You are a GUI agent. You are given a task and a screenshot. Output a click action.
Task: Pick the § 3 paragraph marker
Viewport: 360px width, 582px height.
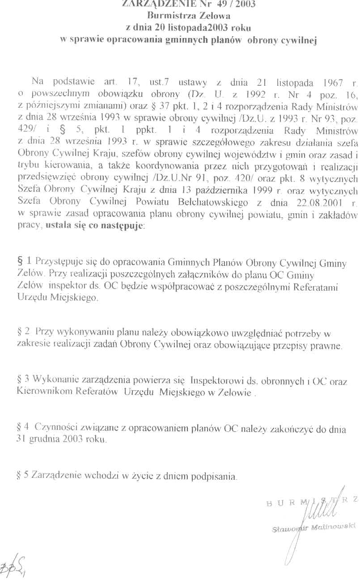tap(24, 380)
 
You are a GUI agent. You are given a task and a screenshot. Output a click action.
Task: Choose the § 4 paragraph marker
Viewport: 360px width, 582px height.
tap(24, 427)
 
